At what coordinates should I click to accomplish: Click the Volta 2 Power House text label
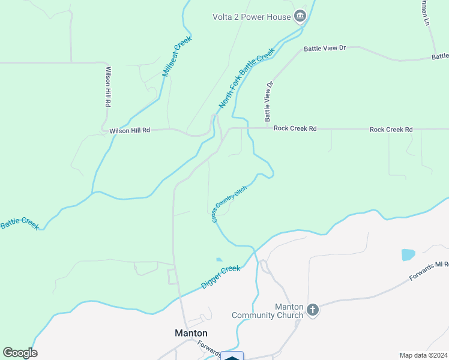pos(252,17)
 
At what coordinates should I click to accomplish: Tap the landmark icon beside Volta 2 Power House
pos(300,17)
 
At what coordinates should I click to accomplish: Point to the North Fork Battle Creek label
pos(247,79)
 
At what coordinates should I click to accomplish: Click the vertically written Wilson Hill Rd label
pos(107,86)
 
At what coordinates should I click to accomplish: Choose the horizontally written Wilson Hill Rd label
pos(130,130)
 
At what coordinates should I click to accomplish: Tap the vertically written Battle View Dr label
pos(268,100)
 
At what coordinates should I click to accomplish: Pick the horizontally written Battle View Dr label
pos(325,48)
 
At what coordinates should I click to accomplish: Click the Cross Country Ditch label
pos(229,205)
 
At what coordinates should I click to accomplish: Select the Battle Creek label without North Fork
pos(19,223)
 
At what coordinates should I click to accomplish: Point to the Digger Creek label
pos(220,277)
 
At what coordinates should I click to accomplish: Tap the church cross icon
pos(312,310)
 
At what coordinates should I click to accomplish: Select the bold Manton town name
pos(191,333)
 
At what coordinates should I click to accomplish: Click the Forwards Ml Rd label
pos(429,271)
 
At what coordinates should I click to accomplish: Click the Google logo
pos(20,353)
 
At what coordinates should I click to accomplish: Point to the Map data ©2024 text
pos(423,355)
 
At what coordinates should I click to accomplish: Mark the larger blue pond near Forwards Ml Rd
pos(408,254)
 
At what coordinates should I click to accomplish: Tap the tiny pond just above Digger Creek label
pos(218,260)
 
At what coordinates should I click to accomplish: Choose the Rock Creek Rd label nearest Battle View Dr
pos(295,129)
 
